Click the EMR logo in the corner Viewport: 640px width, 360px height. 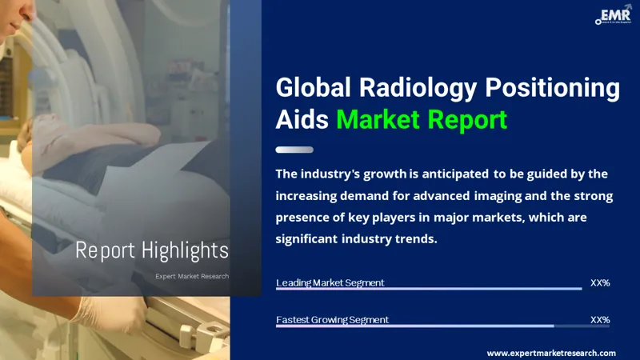611,15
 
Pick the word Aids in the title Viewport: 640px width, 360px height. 302,119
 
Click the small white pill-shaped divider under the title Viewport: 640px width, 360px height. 294,150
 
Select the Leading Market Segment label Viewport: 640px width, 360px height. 330,282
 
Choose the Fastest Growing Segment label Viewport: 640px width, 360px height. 332,319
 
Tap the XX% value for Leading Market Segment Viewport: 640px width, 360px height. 599,282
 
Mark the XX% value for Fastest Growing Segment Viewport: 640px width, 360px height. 599,319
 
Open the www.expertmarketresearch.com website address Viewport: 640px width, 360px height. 551,353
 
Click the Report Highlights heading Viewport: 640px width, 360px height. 152,250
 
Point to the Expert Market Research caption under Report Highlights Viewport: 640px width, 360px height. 192,276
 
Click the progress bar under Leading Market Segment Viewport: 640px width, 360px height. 429,290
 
